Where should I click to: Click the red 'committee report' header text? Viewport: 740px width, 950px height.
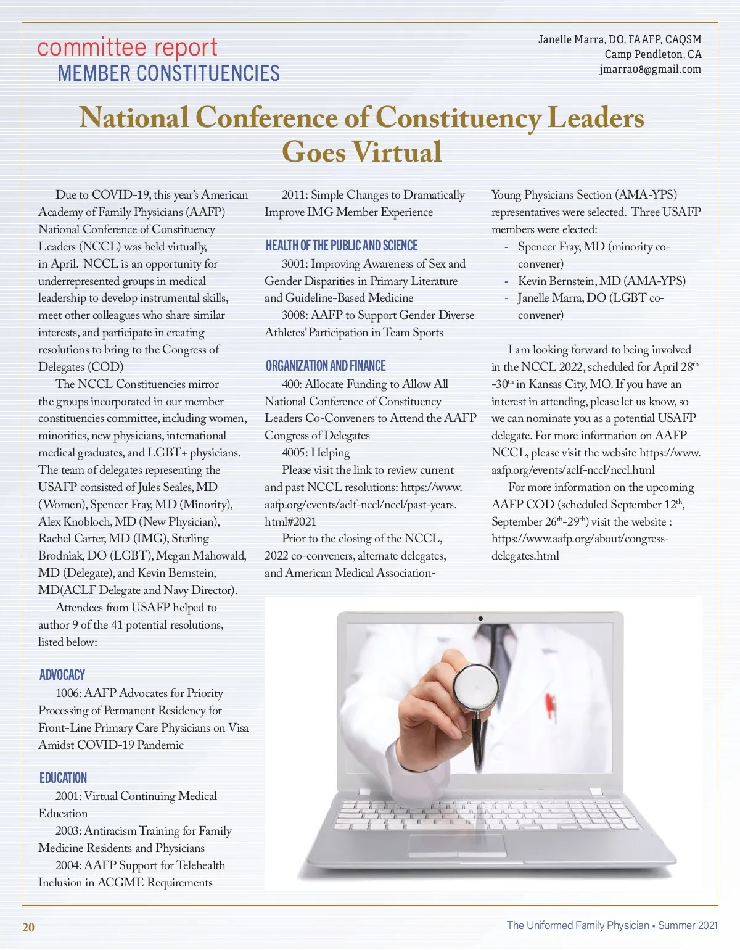127,47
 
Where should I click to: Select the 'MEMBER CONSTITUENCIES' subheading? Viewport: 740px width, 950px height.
168,73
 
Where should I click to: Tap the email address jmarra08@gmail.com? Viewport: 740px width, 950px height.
650,69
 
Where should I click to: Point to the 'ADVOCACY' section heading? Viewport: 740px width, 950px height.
62,675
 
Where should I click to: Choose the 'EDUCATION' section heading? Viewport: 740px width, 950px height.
63,778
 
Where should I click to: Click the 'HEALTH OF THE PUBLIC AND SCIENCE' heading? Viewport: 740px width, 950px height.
342,246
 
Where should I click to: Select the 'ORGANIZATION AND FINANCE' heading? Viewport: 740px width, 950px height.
326,366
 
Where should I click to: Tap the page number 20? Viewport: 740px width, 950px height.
28,927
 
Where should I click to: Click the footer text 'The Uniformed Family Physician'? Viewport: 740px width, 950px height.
578,925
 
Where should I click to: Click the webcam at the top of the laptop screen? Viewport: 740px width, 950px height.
480,617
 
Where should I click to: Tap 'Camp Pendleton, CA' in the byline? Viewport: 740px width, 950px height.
652,54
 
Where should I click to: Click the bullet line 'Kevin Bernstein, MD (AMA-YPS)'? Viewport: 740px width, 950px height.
601,281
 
